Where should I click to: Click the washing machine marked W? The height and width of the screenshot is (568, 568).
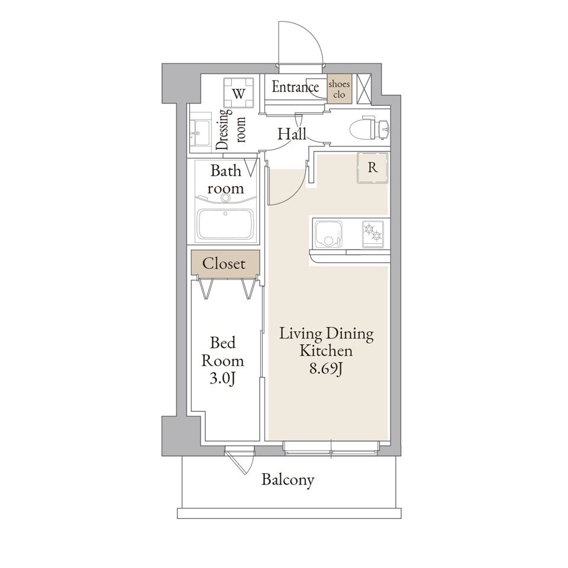[238, 93]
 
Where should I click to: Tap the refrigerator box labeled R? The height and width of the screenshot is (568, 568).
[372, 167]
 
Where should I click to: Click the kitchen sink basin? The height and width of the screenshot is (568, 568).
[328, 234]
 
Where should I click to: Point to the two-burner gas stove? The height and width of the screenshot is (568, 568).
[373, 234]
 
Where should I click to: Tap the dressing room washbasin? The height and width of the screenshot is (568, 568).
[200, 133]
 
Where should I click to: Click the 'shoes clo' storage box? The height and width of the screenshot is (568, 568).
[340, 89]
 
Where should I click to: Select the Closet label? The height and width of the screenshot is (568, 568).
[224, 263]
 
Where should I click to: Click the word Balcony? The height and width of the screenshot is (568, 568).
[288, 480]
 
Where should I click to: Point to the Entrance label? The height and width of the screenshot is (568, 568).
[295, 87]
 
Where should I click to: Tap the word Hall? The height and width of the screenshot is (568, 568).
[292, 134]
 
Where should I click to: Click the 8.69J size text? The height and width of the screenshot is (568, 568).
[326, 369]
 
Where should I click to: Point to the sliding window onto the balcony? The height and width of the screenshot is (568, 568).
[331, 448]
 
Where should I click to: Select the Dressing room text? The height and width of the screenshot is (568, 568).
[231, 130]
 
